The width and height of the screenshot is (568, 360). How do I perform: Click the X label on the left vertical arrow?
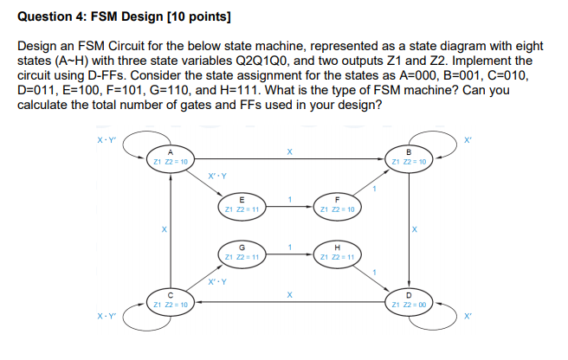[x=152, y=229]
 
